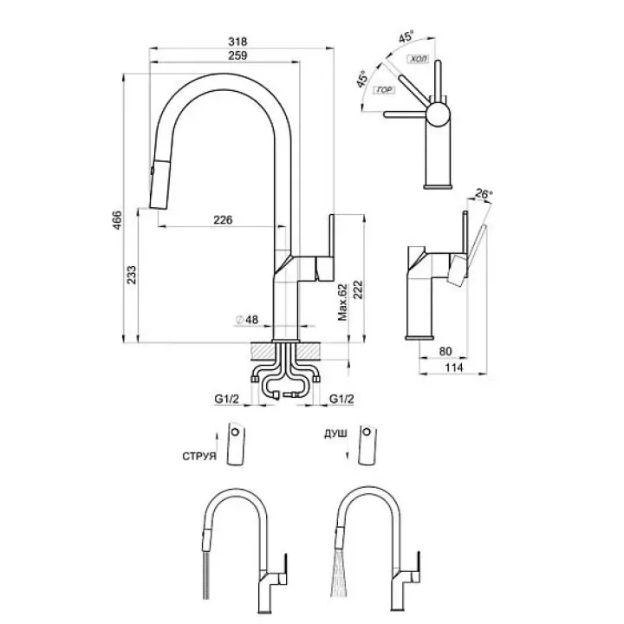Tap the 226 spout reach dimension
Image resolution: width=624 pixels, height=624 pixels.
pyautogui.click(x=224, y=220)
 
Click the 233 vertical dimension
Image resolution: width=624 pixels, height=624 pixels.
pyautogui.click(x=132, y=276)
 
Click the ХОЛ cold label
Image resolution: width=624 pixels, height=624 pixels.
pyautogui.click(x=418, y=58)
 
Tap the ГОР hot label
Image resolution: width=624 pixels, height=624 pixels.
pyautogui.click(x=381, y=90)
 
